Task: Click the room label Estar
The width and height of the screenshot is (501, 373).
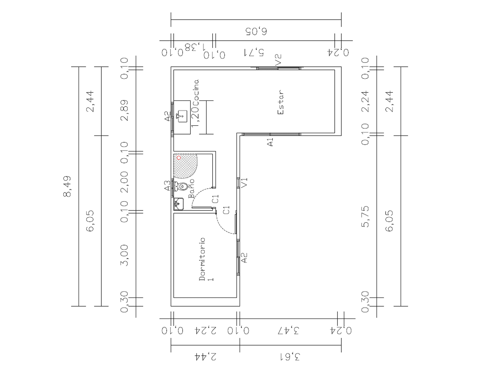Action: [280, 102]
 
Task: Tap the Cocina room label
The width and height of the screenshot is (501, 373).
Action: [196, 92]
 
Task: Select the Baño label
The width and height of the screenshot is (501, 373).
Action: [191, 188]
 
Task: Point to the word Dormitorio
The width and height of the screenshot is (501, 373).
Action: [202, 259]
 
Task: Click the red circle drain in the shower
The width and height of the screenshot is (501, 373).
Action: [179, 158]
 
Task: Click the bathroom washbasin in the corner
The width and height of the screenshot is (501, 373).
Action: [179, 204]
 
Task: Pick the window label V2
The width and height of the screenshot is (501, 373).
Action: [278, 59]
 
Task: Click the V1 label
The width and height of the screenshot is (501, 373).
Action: [245, 183]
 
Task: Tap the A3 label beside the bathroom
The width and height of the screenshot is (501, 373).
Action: [167, 185]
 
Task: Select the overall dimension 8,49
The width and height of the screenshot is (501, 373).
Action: [67, 186]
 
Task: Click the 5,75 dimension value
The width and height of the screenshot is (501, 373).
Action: [365, 216]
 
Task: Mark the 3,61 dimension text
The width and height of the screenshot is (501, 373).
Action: [290, 357]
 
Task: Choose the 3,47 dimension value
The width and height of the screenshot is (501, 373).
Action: [288, 331]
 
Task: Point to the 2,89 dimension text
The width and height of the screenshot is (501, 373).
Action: [124, 110]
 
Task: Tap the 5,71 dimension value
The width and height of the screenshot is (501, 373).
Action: [253, 52]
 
